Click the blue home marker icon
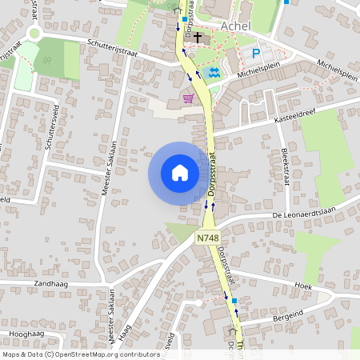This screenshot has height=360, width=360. (x=179, y=173)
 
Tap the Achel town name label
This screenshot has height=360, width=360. (x=235, y=26)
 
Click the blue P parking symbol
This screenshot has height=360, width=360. (x=256, y=54)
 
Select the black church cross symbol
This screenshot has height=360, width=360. (x=198, y=37)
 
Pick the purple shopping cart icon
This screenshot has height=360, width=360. (x=189, y=98)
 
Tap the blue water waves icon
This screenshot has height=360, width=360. (x=212, y=73)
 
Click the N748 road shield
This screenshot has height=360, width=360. (x=206, y=238)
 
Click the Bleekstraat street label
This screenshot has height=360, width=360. (x=284, y=166)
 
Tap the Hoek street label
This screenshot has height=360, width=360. (x=302, y=285)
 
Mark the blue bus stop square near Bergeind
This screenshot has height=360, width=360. (x=234, y=301)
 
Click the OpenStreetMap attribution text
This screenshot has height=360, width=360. (x=80, y=354)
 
